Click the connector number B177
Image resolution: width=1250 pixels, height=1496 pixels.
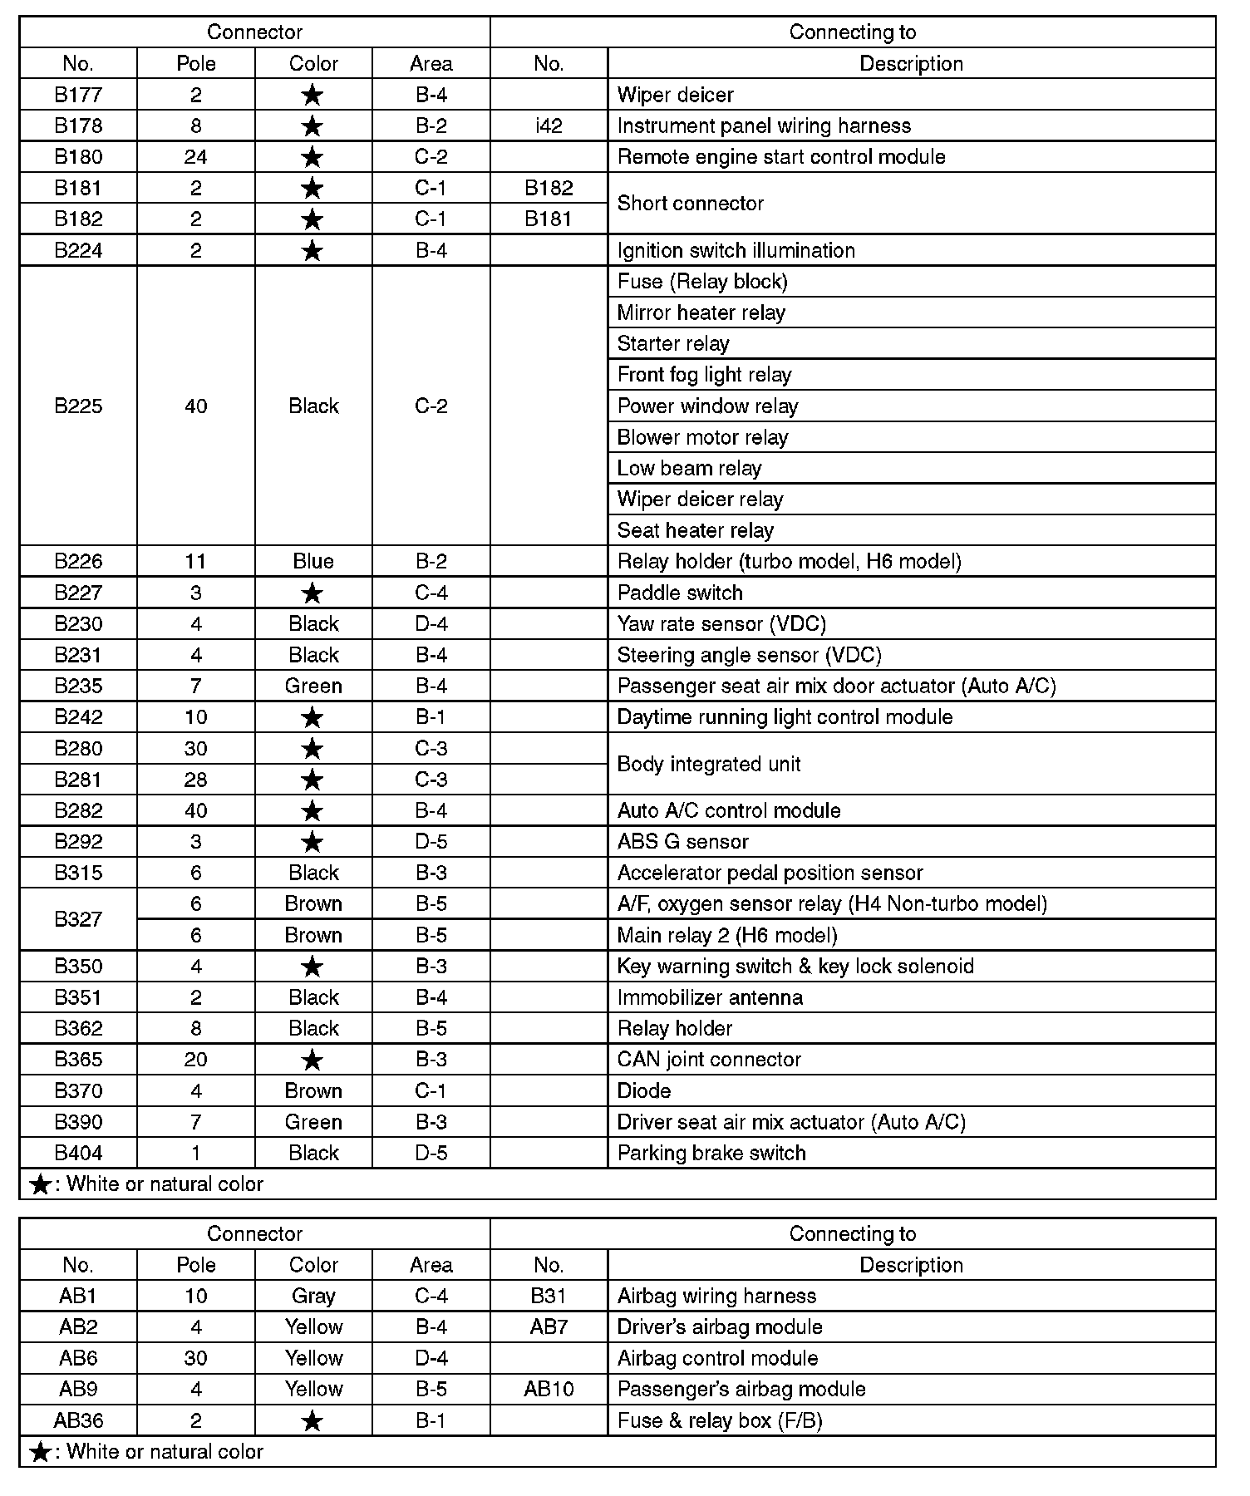point(78,95)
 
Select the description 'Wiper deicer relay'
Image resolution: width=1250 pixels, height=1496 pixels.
point(700,499)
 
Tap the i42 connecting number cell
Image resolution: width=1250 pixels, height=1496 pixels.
point(549,125)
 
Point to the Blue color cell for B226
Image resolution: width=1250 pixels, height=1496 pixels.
point(313,562)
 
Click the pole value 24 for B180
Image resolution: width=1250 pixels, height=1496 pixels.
point(195,157)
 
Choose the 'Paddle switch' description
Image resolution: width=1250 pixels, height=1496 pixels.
point(680,593)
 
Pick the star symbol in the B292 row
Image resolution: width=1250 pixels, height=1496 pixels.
point(312,842)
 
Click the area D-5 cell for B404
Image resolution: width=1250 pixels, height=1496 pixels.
point(431,1153)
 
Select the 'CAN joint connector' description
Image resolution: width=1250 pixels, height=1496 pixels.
point(709,1060)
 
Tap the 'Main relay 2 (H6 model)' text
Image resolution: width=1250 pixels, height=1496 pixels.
point(726,935)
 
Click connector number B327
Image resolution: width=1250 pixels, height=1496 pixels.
point(78,919)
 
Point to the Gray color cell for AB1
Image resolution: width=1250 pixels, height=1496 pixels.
point(313,1296)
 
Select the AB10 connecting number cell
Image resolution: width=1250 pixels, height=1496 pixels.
point(549,1389)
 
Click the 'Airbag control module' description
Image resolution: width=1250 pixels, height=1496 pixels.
point(717,1358)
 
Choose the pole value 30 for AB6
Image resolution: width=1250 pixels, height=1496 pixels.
point(195,1358)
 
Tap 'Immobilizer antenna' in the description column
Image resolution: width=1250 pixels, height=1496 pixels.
point(710,997)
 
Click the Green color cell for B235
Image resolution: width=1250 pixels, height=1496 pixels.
point(313,686)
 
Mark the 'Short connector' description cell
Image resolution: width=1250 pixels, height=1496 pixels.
point(690,204)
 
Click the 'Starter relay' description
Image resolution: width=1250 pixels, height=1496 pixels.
point(673,344)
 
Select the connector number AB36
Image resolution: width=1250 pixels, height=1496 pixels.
point(78,1420)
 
